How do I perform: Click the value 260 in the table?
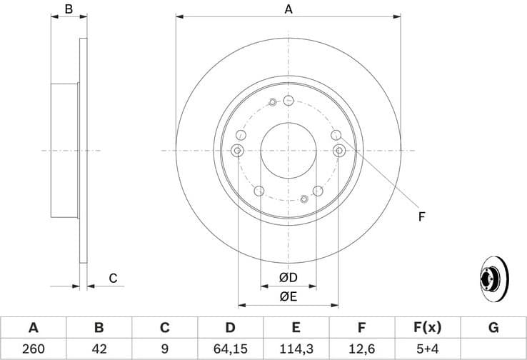point(33,349)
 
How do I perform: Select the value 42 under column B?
point(99,349)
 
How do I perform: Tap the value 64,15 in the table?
point(230,349)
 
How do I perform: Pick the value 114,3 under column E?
point(296,349)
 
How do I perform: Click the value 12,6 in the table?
point(361,349)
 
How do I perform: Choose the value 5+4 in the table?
point(427,349)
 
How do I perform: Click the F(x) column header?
point(427,328)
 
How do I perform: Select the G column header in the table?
point(493,328)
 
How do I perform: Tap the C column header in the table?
point(164,328)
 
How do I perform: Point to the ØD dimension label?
point(288,276)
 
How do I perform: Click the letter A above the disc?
point(288,9)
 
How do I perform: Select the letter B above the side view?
point(69,9)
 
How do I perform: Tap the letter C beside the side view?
point(113,279)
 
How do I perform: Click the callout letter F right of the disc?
point(422,216)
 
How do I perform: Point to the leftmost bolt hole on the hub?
point(238,150)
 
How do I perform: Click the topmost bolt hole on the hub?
point(288,100)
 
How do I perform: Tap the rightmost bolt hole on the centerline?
point(339,150)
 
